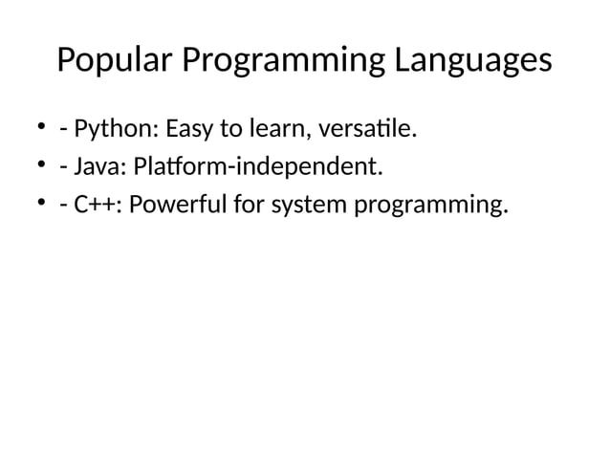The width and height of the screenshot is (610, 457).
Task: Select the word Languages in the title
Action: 469,61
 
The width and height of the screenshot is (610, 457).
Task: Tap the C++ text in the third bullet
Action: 97,206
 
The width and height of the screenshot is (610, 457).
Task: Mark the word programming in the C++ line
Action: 427,206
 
